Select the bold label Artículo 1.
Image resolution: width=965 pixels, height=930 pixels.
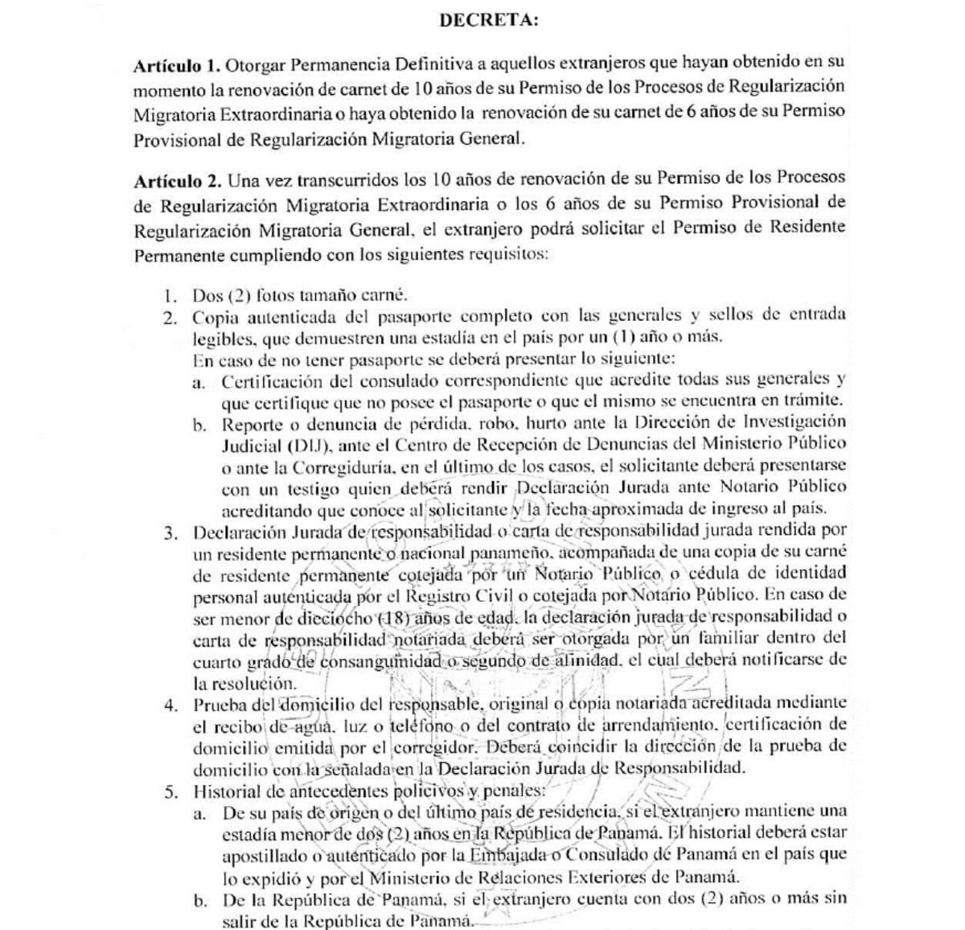[176, 65]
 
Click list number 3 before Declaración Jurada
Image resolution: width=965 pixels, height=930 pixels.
[170, 532]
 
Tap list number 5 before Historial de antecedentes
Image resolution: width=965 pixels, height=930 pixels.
[170, 792]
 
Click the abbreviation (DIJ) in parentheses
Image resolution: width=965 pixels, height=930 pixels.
[287, 444]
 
